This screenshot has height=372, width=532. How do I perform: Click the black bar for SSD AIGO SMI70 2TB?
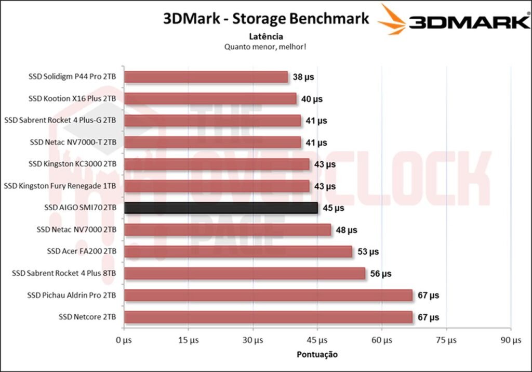(221, 208)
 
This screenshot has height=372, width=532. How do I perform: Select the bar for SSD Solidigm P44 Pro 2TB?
(206, 77)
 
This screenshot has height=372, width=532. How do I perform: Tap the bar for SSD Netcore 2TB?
(268, 317)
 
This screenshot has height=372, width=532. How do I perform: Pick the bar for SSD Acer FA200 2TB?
(238, 251)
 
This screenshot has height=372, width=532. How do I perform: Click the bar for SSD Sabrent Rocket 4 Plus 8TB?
(245, 273)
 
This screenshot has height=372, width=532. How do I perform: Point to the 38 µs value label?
(303, 77)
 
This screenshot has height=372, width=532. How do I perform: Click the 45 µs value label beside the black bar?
(333, 208)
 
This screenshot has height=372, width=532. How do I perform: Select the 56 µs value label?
(380, 273)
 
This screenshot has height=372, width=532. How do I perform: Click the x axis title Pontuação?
(317, 354)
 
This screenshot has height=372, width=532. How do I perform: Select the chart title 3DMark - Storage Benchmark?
(266, 19)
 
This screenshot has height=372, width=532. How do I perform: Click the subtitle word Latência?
(265, 36)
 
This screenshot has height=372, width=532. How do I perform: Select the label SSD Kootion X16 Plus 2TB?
(72, 99)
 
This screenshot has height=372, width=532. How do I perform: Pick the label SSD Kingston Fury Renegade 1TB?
(60, 186)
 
